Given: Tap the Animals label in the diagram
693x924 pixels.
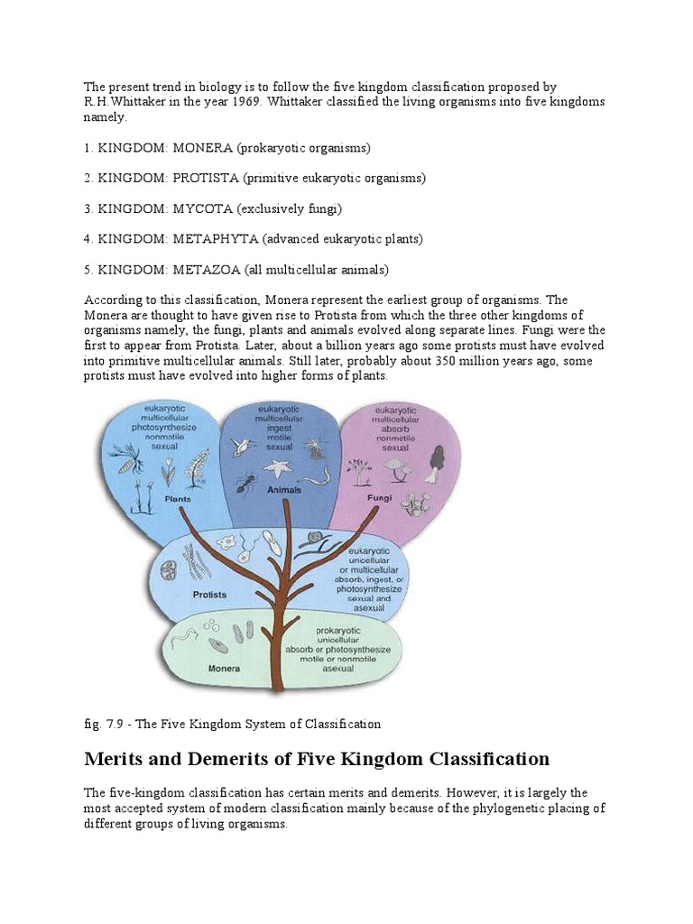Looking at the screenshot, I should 283,490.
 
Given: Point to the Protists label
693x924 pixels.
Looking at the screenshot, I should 209,595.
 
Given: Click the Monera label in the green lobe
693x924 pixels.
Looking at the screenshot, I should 224,669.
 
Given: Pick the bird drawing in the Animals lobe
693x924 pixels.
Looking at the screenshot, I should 244,447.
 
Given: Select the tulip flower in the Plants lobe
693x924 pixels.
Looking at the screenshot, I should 169,470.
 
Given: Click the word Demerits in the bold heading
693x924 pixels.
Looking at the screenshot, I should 257,759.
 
